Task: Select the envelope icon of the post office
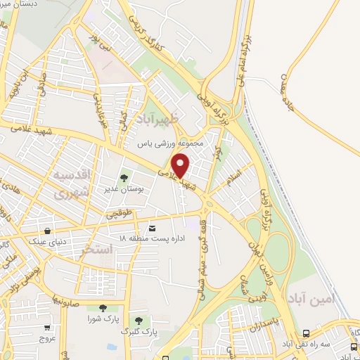point(153,229)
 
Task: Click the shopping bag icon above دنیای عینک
point(47,231)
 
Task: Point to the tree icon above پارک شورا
point(103,307)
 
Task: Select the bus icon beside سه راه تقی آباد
point(305,334)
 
